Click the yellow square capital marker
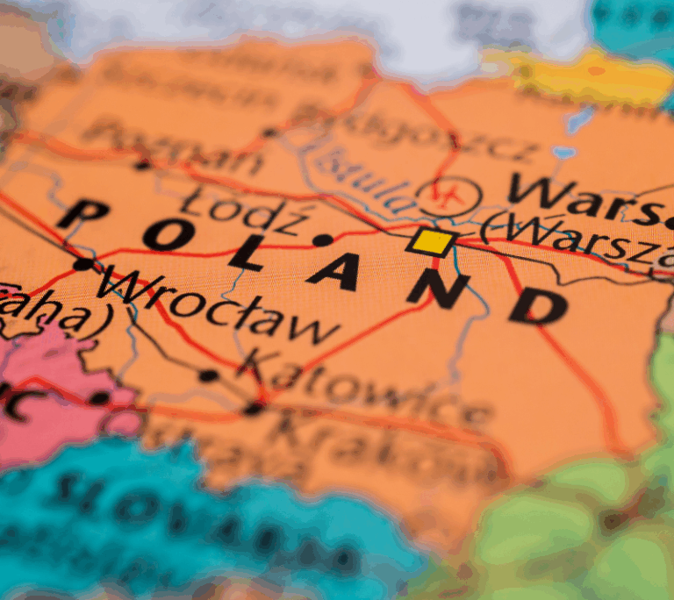(x=434, y=241)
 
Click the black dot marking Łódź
(x=323, y=239)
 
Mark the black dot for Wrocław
(x=82, y=263)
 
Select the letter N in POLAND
(x=439, y=290)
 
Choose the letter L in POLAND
(x=250, y=254)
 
